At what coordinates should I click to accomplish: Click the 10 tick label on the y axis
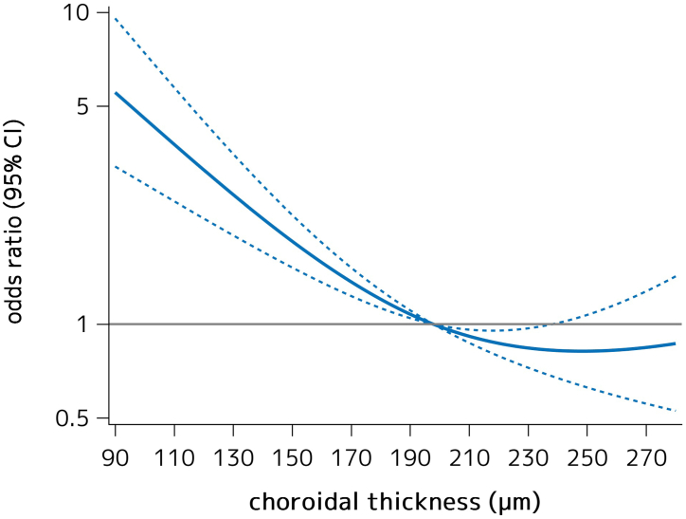click(x=79, y=13)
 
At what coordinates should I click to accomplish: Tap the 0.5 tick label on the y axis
click(x=75, y=418)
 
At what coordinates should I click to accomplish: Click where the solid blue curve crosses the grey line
click(x=433, y=324)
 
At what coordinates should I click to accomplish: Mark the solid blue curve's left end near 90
click(x=116, y=93)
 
